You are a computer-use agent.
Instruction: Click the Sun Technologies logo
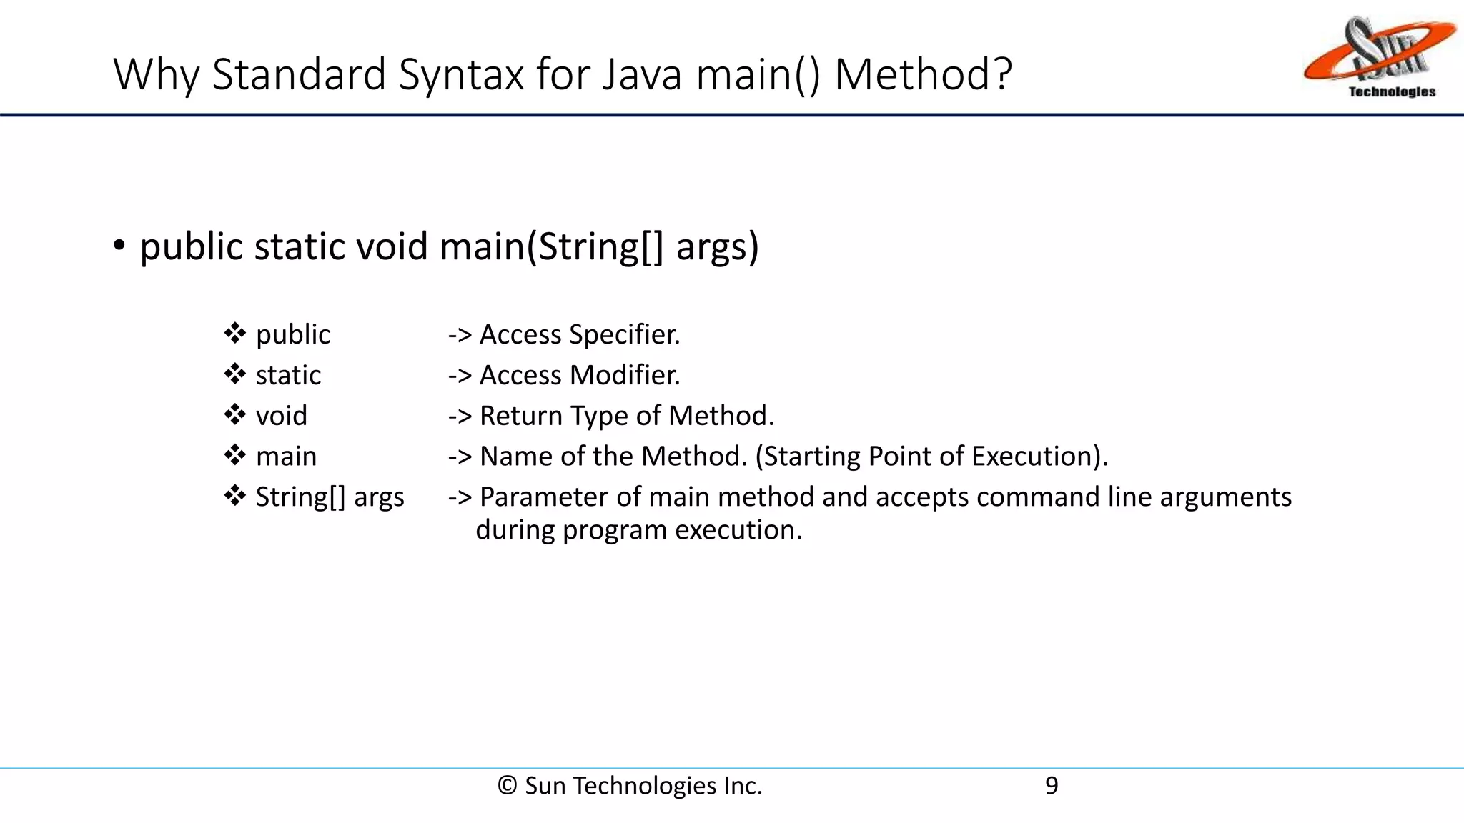click(x=1380, y=57)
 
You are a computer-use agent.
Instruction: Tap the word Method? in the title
click(x=923, y=74)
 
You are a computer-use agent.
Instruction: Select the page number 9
click(x=1052, y=786)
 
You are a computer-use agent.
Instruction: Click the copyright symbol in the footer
click(x=507, y=786)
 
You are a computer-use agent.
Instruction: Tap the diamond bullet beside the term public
click(x=235, y=334)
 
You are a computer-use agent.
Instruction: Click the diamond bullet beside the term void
click(x=235, y=415)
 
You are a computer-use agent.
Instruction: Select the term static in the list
click(x=288, y=375)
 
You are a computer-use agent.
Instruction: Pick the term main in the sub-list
click(x=286, y=457)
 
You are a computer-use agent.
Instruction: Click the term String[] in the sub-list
click(x=300, y=497)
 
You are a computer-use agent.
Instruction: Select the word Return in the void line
click(x=520, y=416)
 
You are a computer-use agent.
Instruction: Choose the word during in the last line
click(x=515, y=530)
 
